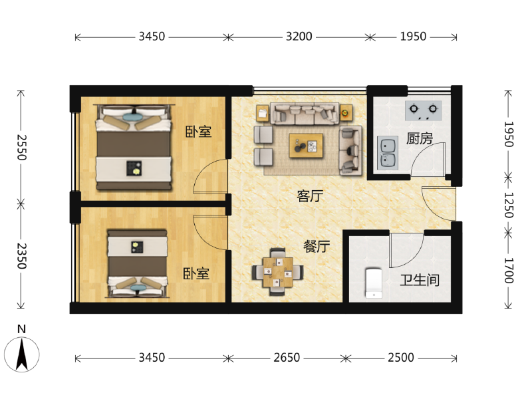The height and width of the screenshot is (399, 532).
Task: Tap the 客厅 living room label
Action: (x=310, y=196)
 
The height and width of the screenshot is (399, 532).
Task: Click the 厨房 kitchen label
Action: (x=419, y=139)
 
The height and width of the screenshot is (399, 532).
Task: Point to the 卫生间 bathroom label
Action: (x=419, y=280)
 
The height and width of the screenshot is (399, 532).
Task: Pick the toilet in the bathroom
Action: (x=373, y=282)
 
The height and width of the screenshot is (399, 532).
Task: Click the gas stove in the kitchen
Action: (x=424, y=108)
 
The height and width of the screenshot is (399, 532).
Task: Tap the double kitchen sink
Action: (x=386, y=152)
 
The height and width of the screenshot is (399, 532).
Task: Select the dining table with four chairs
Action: (x=278, y=271)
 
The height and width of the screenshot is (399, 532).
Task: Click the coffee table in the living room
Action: (x=307, y=144)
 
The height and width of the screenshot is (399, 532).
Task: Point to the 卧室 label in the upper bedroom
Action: (x=198, y=132)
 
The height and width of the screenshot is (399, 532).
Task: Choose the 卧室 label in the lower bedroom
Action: (x=196, y=273)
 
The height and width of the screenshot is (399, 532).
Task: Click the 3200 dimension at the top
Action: (x=299, y=37)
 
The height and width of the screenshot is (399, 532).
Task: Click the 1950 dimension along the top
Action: (x=412, y=37)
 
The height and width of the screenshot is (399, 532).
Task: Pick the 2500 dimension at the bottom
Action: (x=400, y=358)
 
